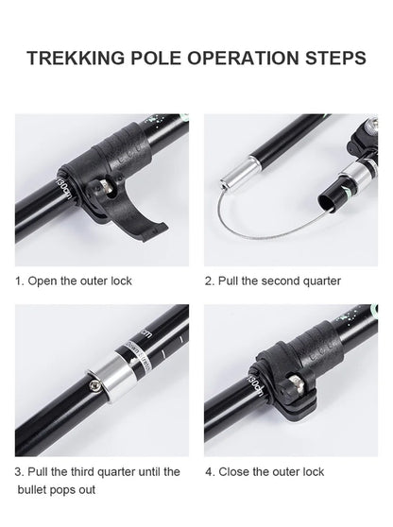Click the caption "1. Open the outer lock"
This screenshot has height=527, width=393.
point(73,280)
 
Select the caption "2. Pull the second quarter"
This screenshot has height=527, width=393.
point(273,280)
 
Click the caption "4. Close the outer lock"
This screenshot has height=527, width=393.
point(265,471)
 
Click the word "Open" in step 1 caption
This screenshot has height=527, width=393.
point(42,280)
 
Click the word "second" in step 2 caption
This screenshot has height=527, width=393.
point(288,280)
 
